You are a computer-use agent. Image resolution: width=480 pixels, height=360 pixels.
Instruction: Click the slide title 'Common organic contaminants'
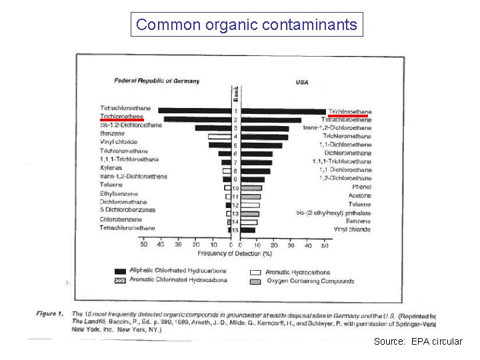[247, 25]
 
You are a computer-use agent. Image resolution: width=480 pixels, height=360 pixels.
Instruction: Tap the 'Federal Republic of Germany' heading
[157, 81]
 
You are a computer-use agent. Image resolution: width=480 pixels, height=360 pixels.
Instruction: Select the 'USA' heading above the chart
[302, 83]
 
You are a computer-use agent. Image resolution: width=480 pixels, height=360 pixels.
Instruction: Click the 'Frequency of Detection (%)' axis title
[235, 253]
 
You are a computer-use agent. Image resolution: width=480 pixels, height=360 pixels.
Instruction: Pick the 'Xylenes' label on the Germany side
[111, 168]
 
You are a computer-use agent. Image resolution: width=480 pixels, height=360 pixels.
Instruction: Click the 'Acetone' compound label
[359, 196]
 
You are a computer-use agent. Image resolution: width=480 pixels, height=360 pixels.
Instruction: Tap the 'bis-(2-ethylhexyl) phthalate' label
[333, 213]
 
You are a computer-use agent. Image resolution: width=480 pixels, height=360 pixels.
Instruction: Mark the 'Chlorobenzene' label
[121, 219]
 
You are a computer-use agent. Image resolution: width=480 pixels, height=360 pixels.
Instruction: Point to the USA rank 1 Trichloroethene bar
[283, 111]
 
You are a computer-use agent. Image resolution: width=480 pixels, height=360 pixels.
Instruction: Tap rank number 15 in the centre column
[235, 230]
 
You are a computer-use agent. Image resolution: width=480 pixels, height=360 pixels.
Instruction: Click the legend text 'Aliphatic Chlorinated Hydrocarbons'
[179, 271]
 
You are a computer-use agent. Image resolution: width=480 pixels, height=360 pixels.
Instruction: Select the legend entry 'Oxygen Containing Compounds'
[311, 281]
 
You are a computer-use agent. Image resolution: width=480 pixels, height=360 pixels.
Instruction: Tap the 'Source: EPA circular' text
[417, 341]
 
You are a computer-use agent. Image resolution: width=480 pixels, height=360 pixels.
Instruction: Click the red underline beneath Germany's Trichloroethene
[121, 121]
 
